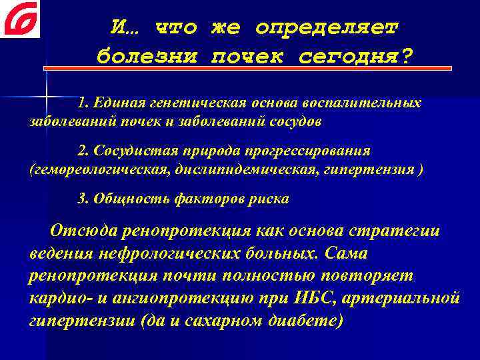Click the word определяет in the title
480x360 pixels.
coord(327,27)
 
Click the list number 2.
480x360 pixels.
coord(82,151)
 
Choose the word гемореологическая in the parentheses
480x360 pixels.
coord(100,169)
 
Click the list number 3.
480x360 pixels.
coord(82,199)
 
